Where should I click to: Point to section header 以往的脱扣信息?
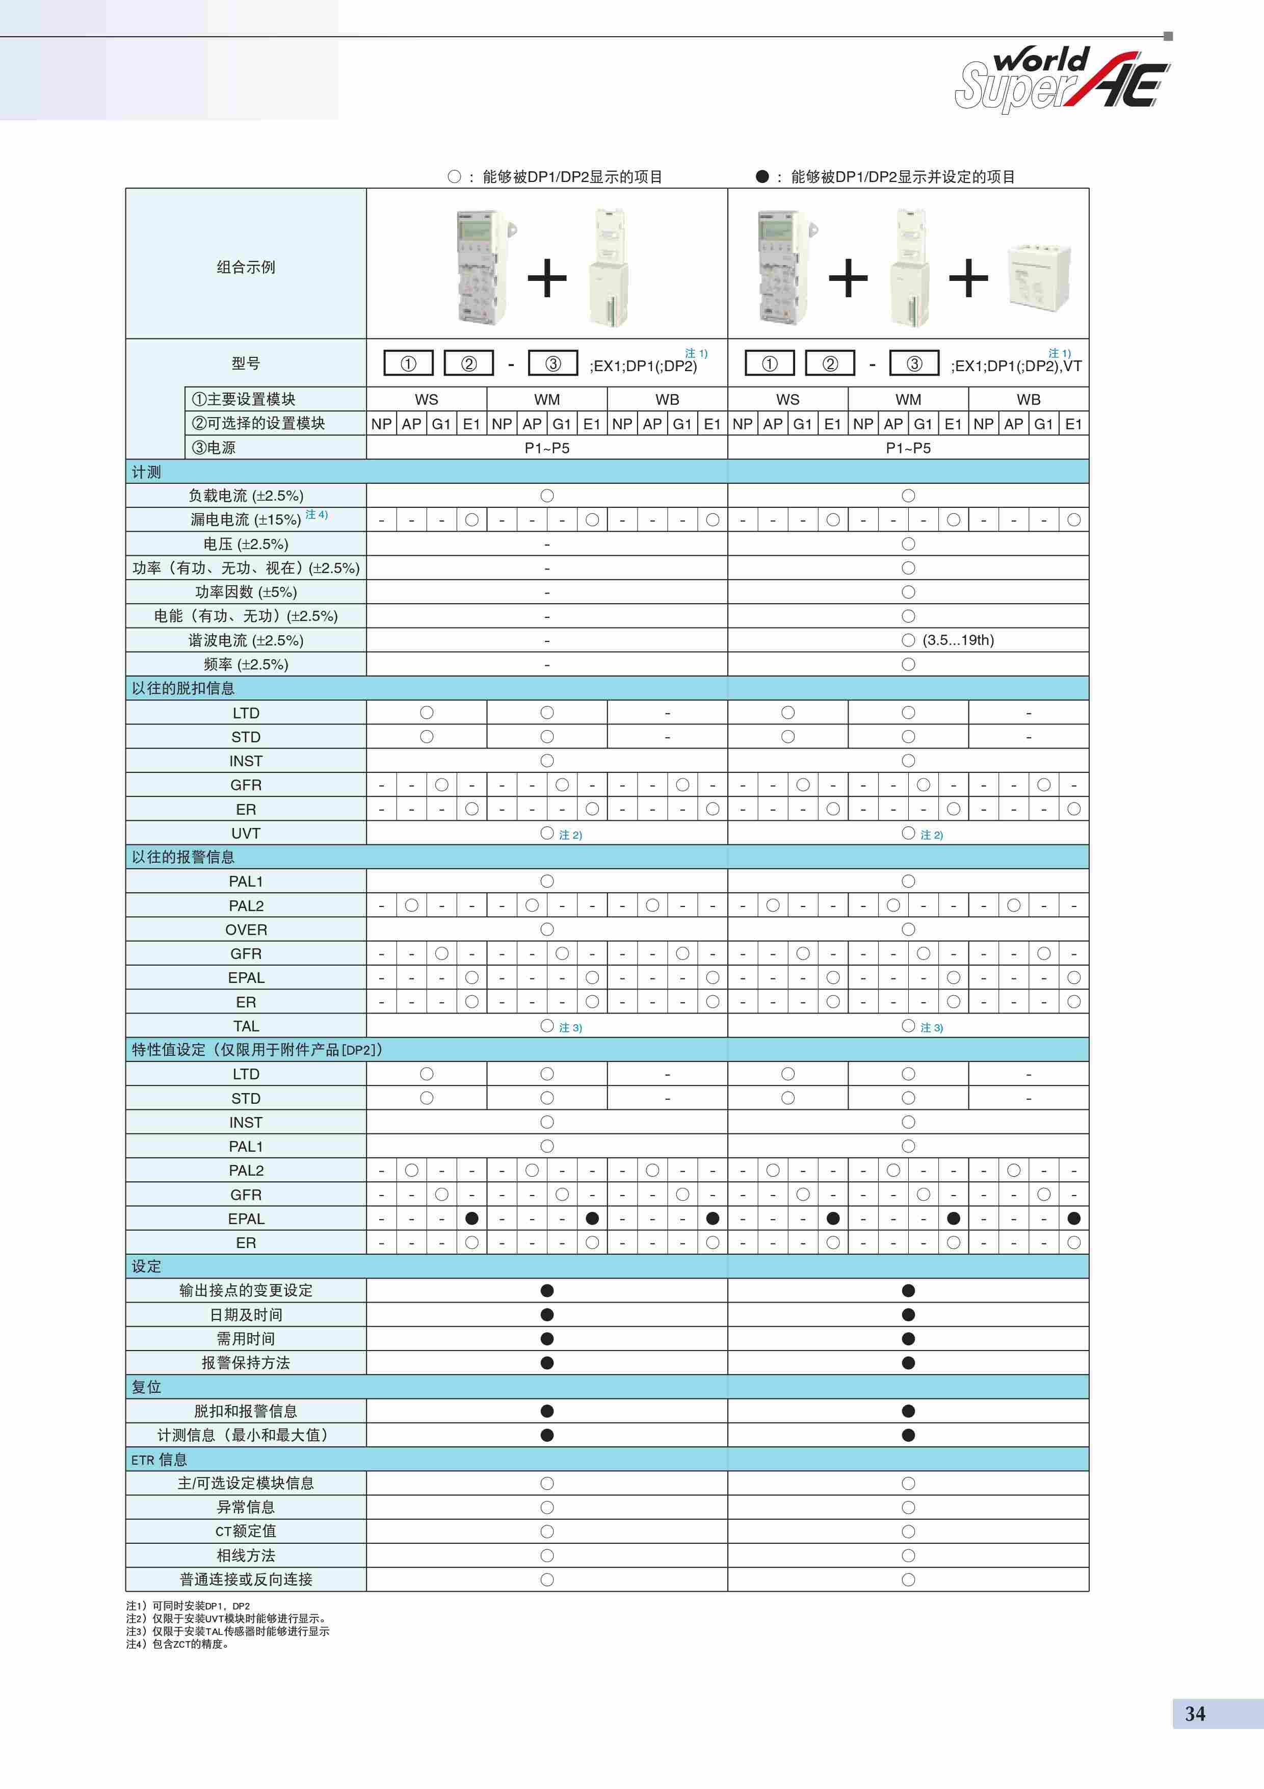pos(183,688)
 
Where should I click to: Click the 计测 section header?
pos(146,472)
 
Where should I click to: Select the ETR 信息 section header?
pos(159,1460)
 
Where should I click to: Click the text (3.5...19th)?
pos(958,640)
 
